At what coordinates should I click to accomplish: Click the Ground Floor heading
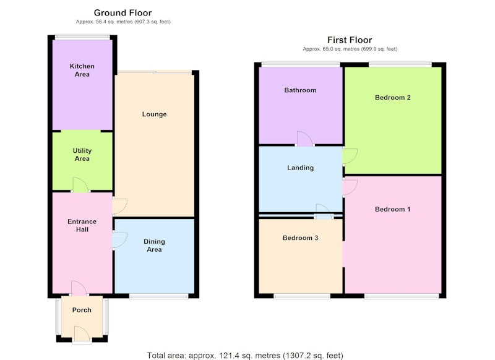pos(123,13)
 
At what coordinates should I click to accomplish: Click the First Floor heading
pos(350,40)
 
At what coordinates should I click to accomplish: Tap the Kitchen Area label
pos(82,70)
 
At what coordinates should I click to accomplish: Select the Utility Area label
pos(82,155)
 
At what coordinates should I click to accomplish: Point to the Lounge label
pos(154,114)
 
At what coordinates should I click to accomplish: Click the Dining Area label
pos(154,246)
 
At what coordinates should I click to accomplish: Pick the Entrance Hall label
pos(82,225)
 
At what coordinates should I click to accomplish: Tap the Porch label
pos(82,310)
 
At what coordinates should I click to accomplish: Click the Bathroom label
pos(300,90)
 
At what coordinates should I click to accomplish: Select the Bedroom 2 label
pos(393,98)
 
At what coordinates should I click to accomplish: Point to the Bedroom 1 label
pos(393,209)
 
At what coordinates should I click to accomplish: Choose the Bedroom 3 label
pos(300,238)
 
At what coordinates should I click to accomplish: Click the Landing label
pos(300,168)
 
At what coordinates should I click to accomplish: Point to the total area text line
pos(245,356)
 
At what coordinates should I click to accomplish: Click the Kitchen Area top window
pos(82,37)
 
